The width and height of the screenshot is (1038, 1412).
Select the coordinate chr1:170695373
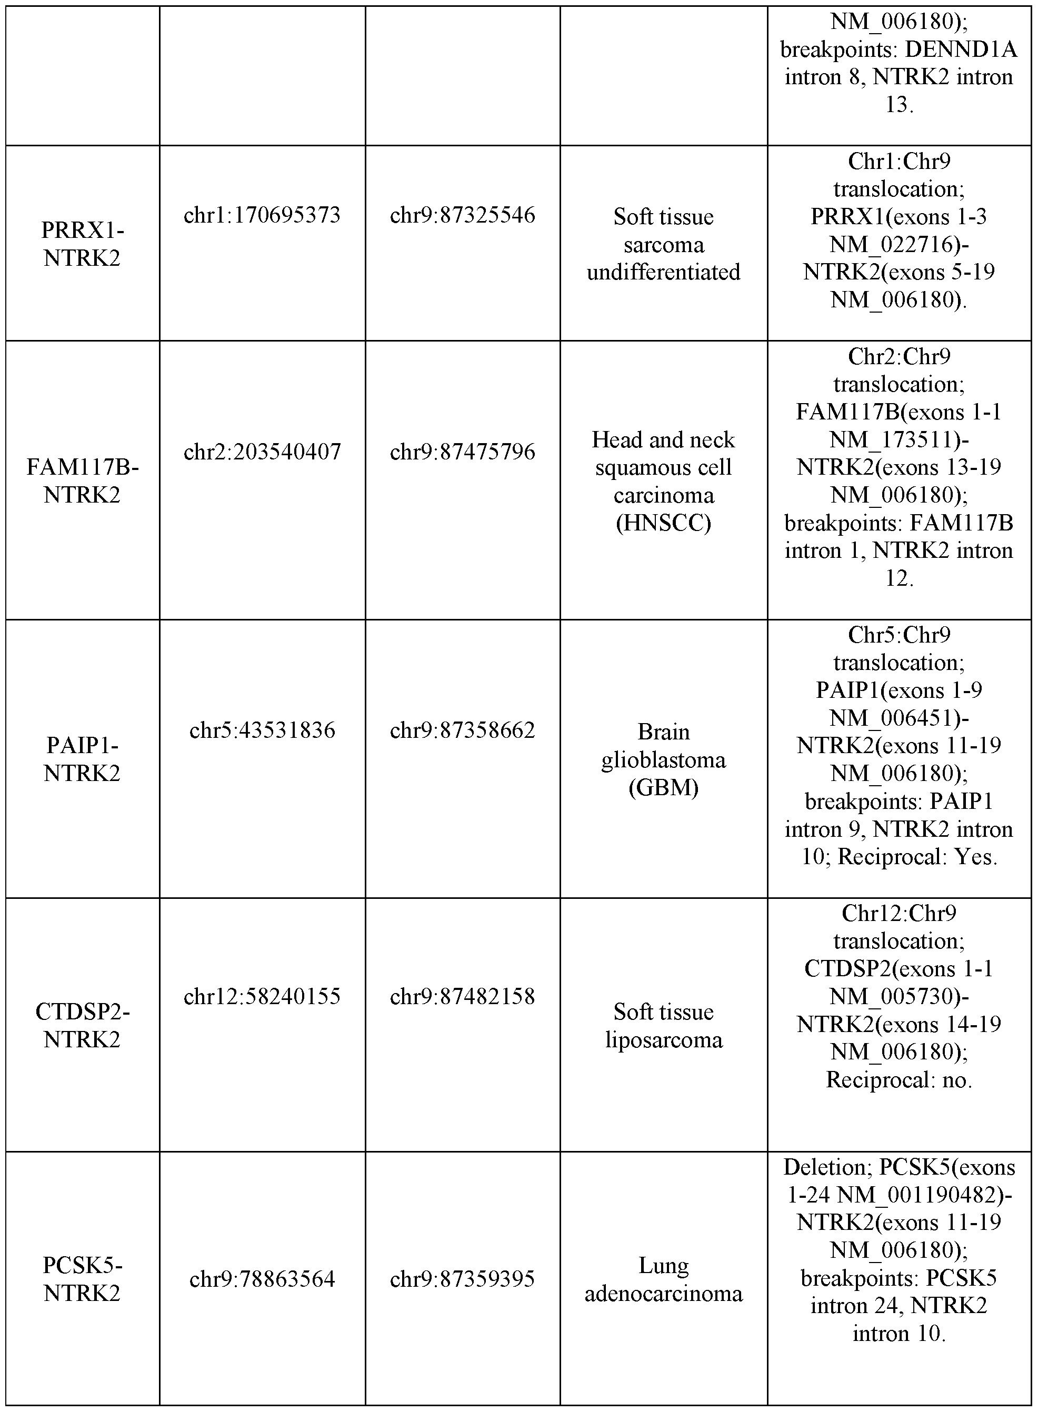pos(262,215)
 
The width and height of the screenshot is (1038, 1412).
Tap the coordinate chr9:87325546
pos(463,215)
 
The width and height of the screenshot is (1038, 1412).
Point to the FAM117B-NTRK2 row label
pos(82,481)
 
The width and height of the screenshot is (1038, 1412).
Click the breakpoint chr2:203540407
pos(262,452)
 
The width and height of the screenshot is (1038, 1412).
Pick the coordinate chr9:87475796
pos(463,452)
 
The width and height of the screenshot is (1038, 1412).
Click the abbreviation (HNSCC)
pos(664,523)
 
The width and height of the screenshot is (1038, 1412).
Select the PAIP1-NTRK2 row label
pos(82,759)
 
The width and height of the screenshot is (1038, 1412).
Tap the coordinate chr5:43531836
pos(262,730)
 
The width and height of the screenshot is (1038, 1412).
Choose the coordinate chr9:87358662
pos(463,730)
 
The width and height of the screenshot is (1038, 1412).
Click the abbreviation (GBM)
pos(664,787)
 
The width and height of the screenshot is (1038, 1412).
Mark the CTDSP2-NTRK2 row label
pos(82,1026)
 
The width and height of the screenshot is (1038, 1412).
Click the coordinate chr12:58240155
pos(262,996)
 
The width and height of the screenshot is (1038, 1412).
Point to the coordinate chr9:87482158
pos(463,996)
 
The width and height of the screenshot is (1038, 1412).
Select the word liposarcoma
pos(664,1039)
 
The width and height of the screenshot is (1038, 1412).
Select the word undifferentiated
pos(664,272)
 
